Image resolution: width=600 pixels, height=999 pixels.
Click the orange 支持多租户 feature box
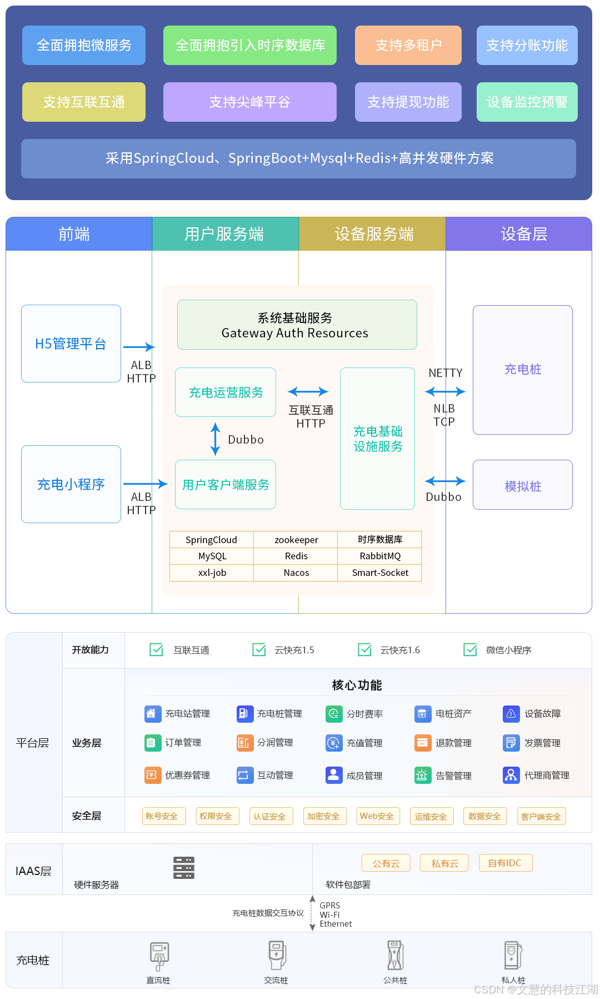[408, 45]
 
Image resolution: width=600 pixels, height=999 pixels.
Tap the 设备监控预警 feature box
[527, 102]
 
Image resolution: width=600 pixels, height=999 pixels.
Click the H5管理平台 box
[71, 344]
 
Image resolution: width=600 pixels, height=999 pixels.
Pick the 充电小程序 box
[71, 484]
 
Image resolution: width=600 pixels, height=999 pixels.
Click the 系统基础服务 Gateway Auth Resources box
[297, 325]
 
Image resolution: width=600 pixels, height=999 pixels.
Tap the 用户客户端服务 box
[226, 484]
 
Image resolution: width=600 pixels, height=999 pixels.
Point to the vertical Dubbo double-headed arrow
[216, 439]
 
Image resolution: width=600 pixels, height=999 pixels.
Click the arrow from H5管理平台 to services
[138, 347]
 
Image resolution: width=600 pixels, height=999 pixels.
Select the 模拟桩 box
[522, 485]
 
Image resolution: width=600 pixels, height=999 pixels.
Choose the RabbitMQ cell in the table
[379, 556]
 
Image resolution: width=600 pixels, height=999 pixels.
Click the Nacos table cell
[296, 573]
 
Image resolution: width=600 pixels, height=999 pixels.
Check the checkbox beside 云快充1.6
[365, 649]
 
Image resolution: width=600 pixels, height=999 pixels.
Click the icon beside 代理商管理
[511, 774]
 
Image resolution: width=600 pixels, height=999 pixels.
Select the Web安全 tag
[377, 816]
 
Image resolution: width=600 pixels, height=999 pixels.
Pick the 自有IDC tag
[504, 863]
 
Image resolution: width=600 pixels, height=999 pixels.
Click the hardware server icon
[184, 867]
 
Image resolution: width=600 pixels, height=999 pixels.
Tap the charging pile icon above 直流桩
[159, 956]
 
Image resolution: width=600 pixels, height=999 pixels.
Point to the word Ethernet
[336, 924]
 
